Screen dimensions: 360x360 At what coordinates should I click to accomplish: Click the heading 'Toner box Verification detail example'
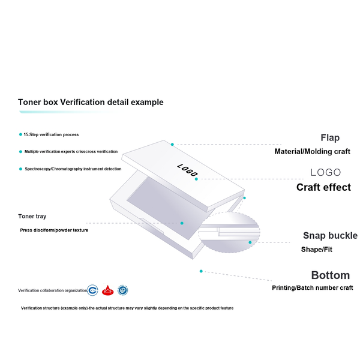click(91, 102)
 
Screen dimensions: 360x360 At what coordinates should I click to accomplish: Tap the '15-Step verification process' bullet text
click(51, 134)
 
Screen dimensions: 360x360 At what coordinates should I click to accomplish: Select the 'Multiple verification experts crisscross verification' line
click(71, 152)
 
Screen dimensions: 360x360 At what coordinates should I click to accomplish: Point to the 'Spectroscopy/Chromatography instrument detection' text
click(73, 169)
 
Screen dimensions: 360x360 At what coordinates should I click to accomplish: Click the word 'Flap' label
click(330, 138)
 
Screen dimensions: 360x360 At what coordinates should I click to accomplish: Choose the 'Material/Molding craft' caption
click(312, 152)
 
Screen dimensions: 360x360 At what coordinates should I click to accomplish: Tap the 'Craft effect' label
click(323, 187)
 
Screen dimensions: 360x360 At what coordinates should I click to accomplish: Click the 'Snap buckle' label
click(330, 236)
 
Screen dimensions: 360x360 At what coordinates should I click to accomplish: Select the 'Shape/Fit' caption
click(317, 250)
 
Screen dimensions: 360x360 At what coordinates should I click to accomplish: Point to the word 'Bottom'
click(331, 275)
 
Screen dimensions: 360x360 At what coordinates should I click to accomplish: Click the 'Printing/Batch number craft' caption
click(312, 288)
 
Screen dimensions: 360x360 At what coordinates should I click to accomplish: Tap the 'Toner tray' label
click(32, 216)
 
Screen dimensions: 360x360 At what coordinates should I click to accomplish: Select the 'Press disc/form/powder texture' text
click(54, 230)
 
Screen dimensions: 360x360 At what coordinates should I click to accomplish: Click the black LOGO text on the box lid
click(188, 170)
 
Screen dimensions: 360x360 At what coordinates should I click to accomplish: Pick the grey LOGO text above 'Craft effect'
click(326, 172)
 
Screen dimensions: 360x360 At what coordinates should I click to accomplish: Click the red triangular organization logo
click(107, 290)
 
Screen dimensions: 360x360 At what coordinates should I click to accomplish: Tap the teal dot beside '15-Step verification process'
click(20, 134)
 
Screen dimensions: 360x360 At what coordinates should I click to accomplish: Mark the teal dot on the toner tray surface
click(182, 223)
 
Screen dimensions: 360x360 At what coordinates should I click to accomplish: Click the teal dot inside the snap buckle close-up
click(250, 242)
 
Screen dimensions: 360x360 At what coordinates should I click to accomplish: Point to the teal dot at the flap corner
click(172, 145)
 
